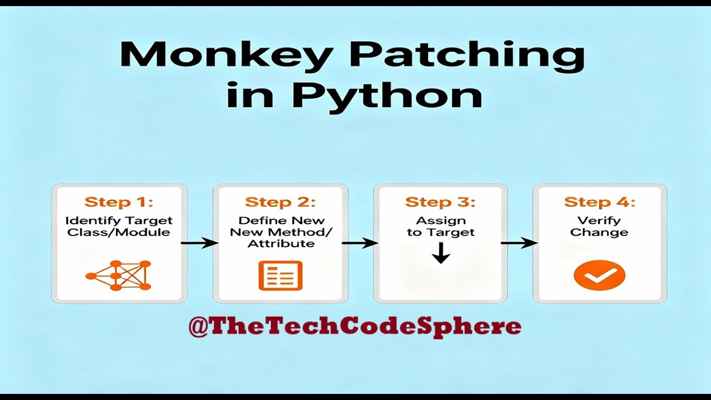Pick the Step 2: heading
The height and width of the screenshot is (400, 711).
point(280,202)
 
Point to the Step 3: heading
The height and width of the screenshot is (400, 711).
point(440,202)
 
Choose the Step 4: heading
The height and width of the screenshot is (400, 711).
point(599,202)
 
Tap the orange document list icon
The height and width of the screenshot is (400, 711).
point(281,275)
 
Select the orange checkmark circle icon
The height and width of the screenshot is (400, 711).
point(599,276)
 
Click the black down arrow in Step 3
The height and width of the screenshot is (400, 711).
point(440,254)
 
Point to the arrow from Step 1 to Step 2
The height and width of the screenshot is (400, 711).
point(199,243)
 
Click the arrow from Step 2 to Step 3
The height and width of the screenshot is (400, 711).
point(360,243)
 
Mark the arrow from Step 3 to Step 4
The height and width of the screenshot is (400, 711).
point(519,243)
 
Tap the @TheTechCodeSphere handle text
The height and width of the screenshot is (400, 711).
point(355,327)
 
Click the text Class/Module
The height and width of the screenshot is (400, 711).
point(119,232)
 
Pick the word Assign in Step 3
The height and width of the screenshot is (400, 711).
point(441,221)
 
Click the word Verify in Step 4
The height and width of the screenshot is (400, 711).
point(599,221)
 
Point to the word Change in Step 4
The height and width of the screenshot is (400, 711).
point(599,232)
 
